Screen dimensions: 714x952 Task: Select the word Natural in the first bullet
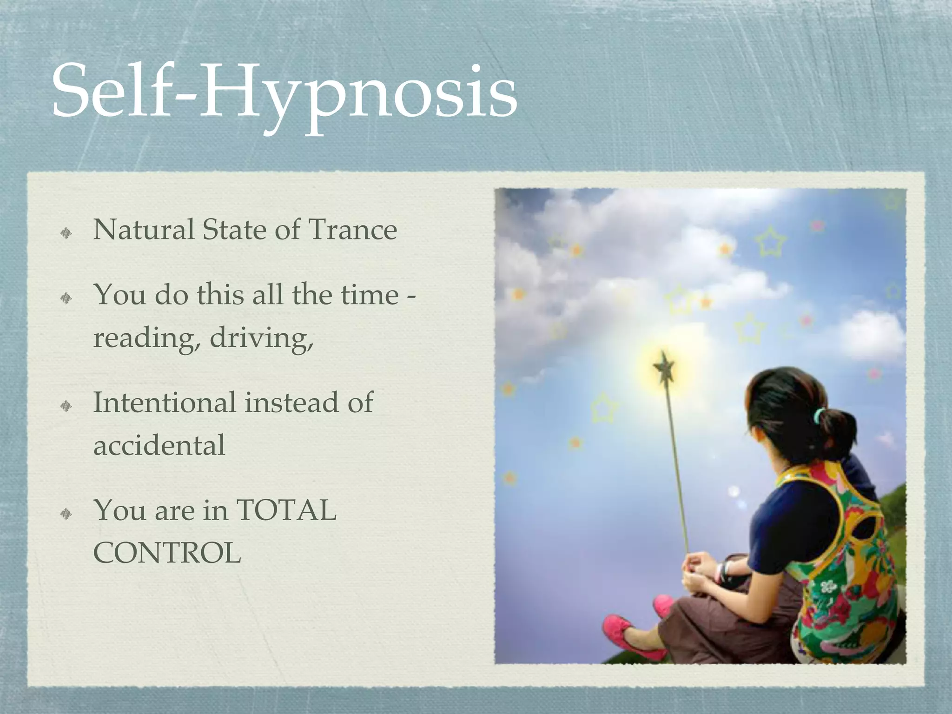tap(143, 230)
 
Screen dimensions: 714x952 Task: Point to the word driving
tap(261, 338)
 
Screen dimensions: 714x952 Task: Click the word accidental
tap(159, 445)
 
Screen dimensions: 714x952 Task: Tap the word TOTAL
tap(286, 510)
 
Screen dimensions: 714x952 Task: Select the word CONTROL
tap(167, 553)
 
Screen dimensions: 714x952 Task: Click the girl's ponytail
tap(837, 428)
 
